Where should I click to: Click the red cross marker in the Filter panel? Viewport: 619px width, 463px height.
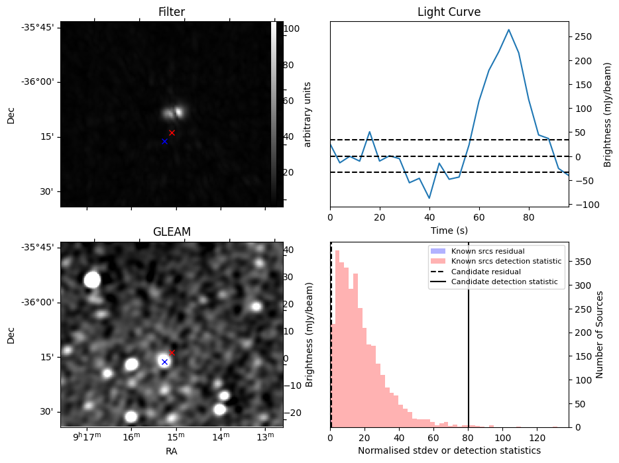tap(172, 132)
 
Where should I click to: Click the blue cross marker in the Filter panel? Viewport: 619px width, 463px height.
tap(164, 141)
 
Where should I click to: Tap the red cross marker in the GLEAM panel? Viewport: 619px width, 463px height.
tap(172, 352)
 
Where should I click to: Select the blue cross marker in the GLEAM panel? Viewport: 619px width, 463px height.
tap(164, 362)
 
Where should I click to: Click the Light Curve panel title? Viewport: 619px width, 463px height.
tap(449, 13)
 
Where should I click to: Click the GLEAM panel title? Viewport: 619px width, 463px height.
tap(172, 232)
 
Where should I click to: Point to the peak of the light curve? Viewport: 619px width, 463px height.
tap(508, 30)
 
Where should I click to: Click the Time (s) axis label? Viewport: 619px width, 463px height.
tap(449, 230)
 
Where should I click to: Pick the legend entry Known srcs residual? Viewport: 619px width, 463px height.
tap(487, 251)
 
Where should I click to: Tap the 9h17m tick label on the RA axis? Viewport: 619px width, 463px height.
tap(86, 437)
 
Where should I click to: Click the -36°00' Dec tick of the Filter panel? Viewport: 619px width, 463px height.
tap(41, 82)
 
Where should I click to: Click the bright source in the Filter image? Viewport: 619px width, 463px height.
tap(175, 113)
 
